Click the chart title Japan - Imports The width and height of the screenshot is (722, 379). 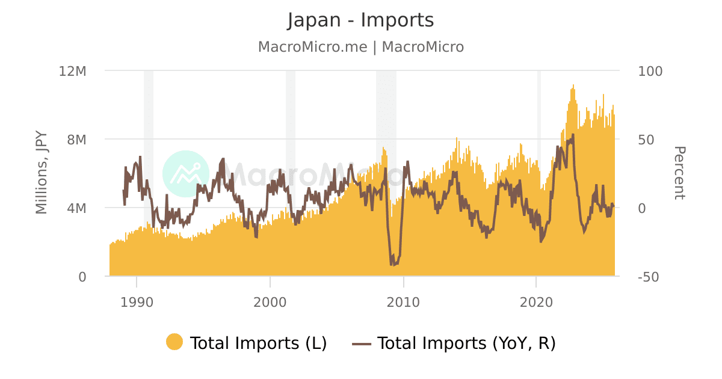tap(360, 20)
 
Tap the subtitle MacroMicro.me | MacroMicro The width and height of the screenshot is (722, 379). tap(360, 47)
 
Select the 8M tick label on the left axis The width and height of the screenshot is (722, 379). tap(76, 140)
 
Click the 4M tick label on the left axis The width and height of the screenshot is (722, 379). tap(76, 208)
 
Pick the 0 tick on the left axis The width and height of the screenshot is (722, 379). tap(82, 277)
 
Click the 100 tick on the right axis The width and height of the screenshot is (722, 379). tap(650, 71)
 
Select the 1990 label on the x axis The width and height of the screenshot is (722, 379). tap(137, 301)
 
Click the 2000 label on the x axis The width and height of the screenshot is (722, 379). tap(270, 301)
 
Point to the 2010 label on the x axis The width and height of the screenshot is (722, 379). tap(403, 301)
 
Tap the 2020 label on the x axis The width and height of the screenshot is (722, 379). tap(536, 301)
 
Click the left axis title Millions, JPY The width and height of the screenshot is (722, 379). tap(42, 174)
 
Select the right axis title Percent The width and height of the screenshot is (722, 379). tap(679, 173)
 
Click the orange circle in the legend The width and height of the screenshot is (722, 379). tap(174, 342)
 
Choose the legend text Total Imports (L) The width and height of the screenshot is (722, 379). tap(258, 343)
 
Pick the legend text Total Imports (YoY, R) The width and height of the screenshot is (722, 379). tap(466, 343)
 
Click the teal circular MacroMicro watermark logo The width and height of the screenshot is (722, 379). tap(186, 174)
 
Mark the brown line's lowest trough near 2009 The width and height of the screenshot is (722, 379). tap(392, 264)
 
